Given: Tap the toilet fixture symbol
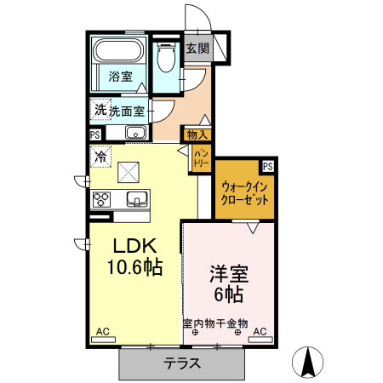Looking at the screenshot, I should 165,56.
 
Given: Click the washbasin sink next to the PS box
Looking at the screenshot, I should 134,132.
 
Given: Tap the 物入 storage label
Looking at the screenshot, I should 197,134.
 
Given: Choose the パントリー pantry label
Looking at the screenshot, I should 202,156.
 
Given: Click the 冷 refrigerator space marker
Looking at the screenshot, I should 101,157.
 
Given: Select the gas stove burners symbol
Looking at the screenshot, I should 101,200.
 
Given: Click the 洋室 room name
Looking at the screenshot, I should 228,275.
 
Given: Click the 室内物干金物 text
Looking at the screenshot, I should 214,323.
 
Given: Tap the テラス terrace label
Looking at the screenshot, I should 182,363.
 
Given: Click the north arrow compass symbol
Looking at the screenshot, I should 307,363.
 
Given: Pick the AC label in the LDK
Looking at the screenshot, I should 102,330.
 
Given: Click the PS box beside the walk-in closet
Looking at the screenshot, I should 268,166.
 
